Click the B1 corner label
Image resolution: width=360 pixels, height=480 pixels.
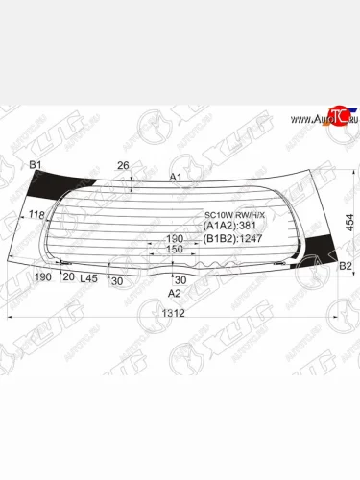pos(36,165)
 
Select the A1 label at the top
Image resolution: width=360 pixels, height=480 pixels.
pos(175,177)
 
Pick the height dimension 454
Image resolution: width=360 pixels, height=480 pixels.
pos(350,222)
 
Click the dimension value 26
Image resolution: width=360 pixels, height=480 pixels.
pos(122,166)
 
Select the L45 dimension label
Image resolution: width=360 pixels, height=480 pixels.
pos(88,278)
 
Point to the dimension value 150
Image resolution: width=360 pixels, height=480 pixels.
pos(174,249)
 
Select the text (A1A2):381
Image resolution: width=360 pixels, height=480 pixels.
pos(226,227)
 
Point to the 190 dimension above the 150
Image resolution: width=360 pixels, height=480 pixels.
pos(174,238)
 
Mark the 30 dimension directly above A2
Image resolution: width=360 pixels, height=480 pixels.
pos(180,279)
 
